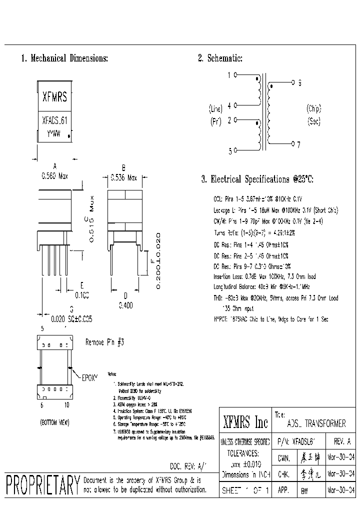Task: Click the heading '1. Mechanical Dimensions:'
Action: (x=64, y=58)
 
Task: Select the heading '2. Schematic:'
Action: (x=220, y=58)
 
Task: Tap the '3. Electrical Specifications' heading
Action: (x=257, y=179)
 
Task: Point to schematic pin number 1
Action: (x=229, y=75)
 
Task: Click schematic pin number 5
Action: (x=230, y=151)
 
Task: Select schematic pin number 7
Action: (x=298, y=144)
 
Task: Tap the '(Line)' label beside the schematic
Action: (x=215, y=109)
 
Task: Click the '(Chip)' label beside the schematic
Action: (x=313, y=109)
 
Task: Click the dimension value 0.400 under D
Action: (x=125, y=304)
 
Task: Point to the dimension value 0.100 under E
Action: (x=81, y=296)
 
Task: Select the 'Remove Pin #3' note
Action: (x=104, y=342)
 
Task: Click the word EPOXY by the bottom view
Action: (x=89, y=374)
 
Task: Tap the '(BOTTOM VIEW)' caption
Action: (x=54, y=422)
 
